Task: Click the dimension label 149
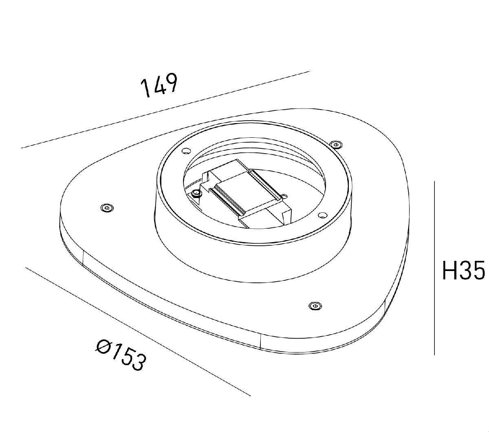pyautogui.click(x=159, y=86)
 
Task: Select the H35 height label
pyautogui.click(x=463, y=271)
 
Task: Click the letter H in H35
pyautogui.click(x=450, y=271)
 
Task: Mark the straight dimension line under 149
pyautogui.click(x=163, y=110)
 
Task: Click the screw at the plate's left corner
pyautogui.click(x=107, y=208)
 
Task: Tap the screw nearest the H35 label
pyautogui.click(x=314, y=306)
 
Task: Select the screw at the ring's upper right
pyautogui.click(x=335, y=144)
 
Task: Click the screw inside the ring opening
pyautogui.click(x=196, y=193)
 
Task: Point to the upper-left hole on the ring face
pyautogui.click(x=185, y=150)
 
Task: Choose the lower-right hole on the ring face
pyautogui.click(x=322, y=215)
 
